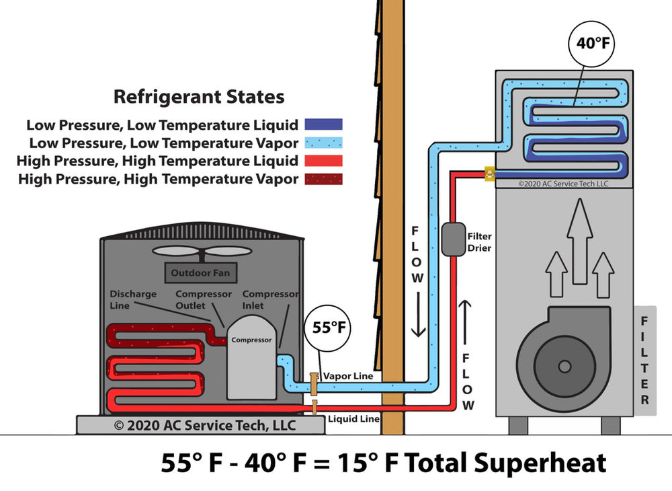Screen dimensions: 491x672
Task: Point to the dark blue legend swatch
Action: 323,124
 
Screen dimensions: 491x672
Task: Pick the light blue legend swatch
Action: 323,143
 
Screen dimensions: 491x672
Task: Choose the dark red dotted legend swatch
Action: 323,179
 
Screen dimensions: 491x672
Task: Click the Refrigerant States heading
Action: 199,97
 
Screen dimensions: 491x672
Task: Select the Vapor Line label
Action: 348,377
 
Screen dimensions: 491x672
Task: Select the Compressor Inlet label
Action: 270,300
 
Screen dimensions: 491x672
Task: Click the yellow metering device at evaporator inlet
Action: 490,174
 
